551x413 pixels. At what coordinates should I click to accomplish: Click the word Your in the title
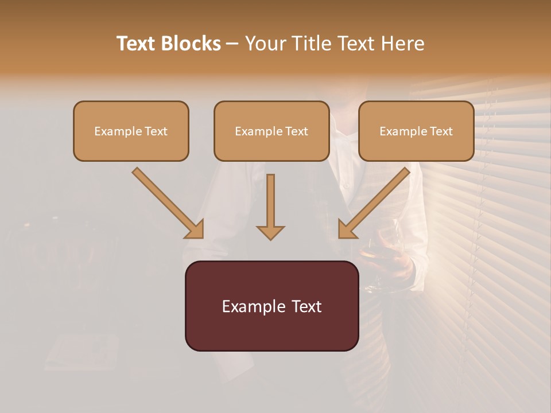265,44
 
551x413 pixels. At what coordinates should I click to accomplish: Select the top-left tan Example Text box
131,131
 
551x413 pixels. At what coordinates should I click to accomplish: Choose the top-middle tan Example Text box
271,131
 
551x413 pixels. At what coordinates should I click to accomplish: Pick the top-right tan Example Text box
416,131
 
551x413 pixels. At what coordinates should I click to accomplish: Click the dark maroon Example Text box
271,306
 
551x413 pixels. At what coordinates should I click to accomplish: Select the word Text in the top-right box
441,131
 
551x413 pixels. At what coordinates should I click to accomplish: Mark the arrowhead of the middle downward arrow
270,232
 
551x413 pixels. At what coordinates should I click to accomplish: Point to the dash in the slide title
232,44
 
